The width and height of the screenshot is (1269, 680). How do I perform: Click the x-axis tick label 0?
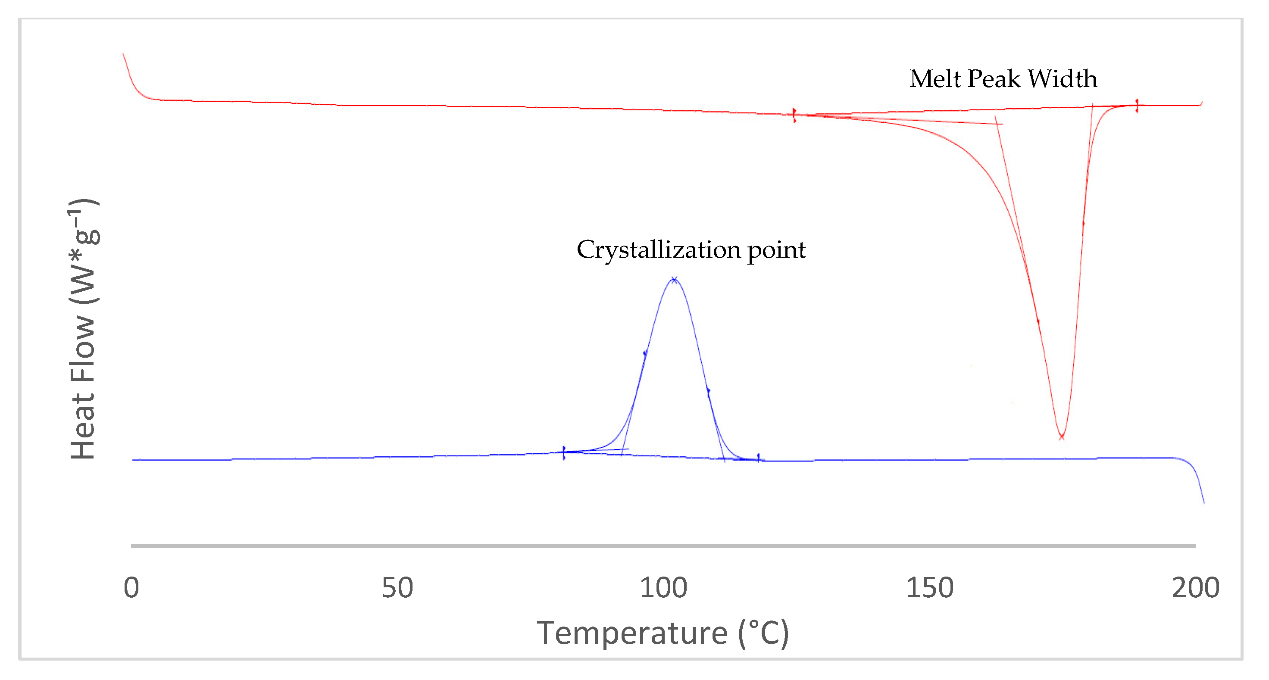click(x=131, y=587)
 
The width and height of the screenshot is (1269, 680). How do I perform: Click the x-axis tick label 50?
click(x=397, y=587)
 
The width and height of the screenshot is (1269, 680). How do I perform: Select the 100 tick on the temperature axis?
click(x=663, y=587)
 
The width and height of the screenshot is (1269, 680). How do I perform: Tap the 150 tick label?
click(x=930, y=587)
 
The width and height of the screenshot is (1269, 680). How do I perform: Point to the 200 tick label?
click(x=1195, y=587)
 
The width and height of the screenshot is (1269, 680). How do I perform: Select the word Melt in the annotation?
click(x=935, y=79)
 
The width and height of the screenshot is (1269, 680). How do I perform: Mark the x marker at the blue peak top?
click(x=674, y=280)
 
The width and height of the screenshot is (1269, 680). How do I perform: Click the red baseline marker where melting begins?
click(x=794, y=115)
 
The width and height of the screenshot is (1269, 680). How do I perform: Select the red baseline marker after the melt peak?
click(x=1137, y=106)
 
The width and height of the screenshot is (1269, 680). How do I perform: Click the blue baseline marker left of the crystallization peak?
click(x=563, y=452)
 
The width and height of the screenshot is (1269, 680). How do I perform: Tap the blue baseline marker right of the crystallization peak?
click(x=758, y=459)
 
